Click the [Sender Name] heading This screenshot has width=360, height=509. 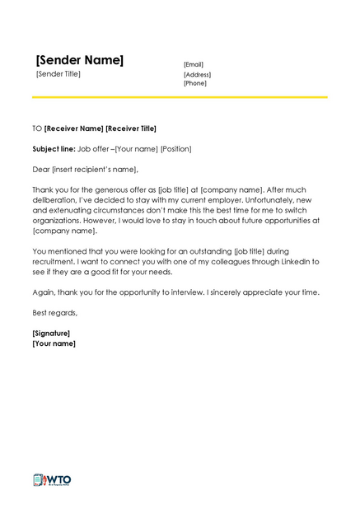pos(79,60)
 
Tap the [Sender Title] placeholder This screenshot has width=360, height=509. pos(58,74)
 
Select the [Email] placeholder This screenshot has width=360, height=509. pos(194,64)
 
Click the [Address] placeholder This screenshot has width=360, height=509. pos(198,74)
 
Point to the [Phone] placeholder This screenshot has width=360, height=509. pos(195,83)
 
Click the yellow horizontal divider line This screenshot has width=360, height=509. pos(180,97)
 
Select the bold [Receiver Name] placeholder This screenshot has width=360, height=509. pos(74,128)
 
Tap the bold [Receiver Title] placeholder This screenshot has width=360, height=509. pos(131,128)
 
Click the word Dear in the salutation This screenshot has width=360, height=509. pos(40,170)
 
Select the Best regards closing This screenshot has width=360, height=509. pos(54,313)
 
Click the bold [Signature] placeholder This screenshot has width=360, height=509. pos(51,333)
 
